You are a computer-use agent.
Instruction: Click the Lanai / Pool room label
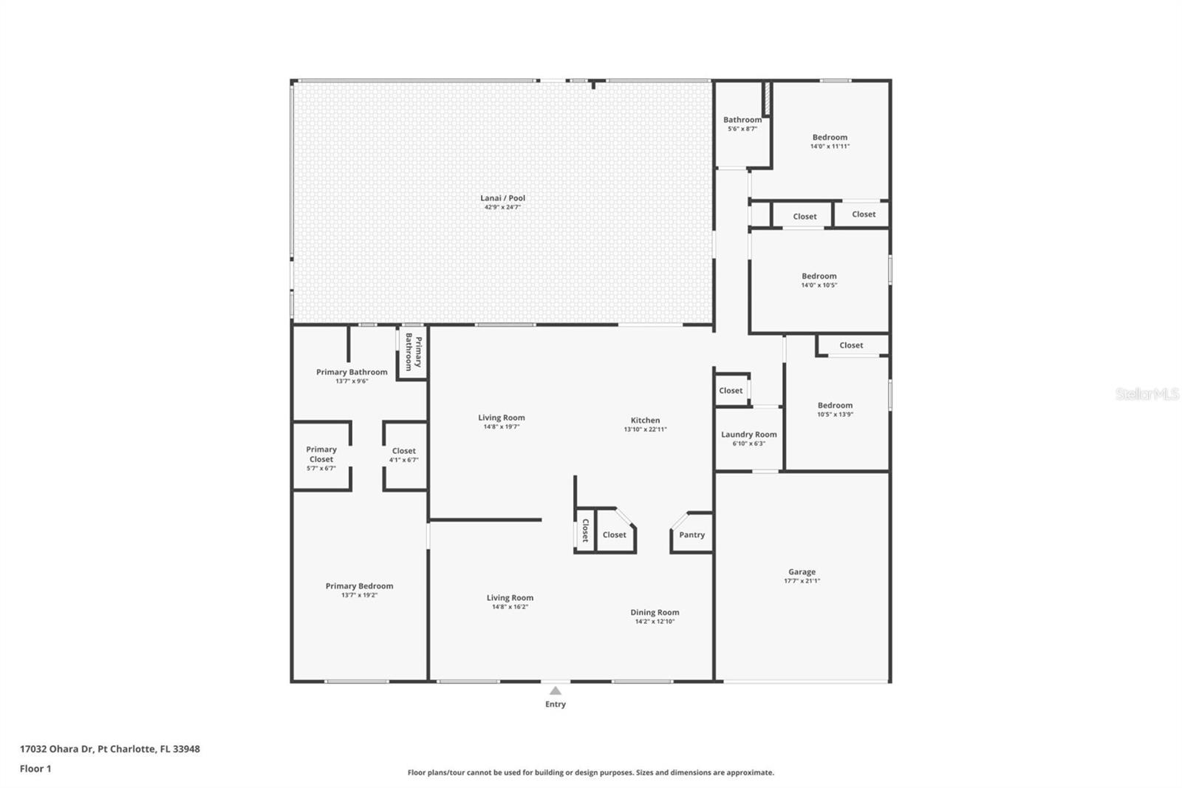click(x=502, y=198)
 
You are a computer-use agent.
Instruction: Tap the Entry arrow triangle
click(x=555, y=691)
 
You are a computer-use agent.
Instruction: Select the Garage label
click(x=802, y=571)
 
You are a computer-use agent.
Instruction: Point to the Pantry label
click(x=691, y=534)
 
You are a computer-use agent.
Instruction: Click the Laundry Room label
click(x=749, y=434)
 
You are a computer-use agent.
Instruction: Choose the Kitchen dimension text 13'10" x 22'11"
click(x=646, y=429)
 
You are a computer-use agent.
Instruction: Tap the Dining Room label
click(x=655, y=612)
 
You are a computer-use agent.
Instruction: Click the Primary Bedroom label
click(x=359, y=585)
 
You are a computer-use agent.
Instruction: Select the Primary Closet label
click(x=321, y=454)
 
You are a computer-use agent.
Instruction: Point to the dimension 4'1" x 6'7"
click(x=403, y=460)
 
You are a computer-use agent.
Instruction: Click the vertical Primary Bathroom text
click(x=414, y=352)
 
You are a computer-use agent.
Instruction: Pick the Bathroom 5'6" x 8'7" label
click(x=742, y=123)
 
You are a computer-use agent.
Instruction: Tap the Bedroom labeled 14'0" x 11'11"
click(x=830, y=141)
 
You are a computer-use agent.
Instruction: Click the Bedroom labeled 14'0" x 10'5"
click(x=819, y=280)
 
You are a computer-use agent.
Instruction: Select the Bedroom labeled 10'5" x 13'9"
click(x=835, y=410)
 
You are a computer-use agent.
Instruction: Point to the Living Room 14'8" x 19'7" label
click(x=502, y=421)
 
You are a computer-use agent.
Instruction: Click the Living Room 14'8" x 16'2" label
click(x=510, y=602)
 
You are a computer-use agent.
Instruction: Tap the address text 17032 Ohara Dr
click(x=56, y=749)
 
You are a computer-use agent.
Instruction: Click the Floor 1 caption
click(x=35, y=769)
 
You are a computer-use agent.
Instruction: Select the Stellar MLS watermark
click(x=1147, y=393)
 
